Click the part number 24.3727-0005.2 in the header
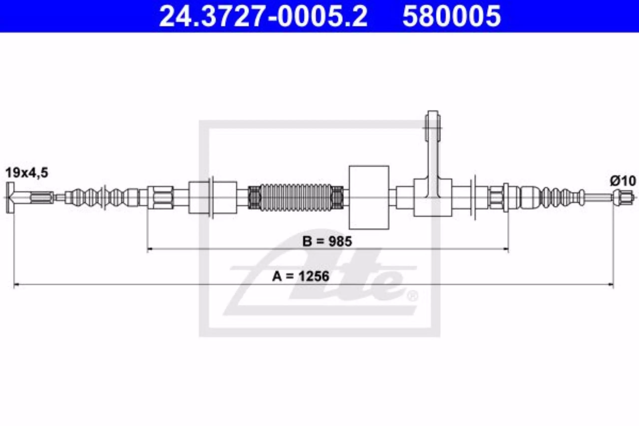pyautogui.click(x=263, y=16)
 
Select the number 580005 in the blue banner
pyautogui.click(x=452, y=16)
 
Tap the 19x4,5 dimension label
pyautogui.click(x=27, y=173)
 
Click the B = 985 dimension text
pyautogui.click(x=327, y=241)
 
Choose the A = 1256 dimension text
pyautogui.click(x=301, y=277)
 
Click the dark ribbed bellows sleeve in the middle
pyautogui.click(x=296, y=197)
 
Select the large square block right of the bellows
pyautogui.click(x=369, y=197)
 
